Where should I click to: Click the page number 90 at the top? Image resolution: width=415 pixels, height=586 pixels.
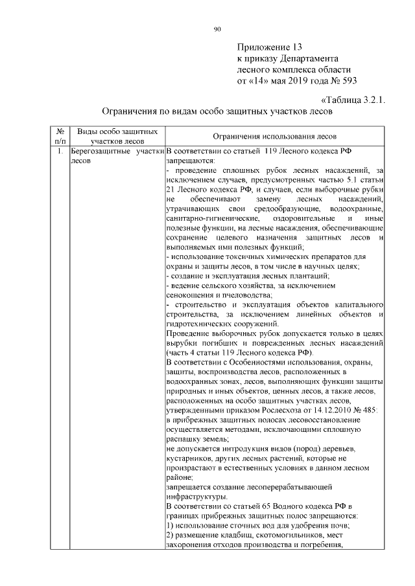218,28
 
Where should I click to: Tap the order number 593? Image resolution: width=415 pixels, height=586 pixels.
347,81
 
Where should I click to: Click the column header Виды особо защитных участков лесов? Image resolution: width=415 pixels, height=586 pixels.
117,135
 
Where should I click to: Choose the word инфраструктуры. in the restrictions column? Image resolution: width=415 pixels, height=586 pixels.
197,496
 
